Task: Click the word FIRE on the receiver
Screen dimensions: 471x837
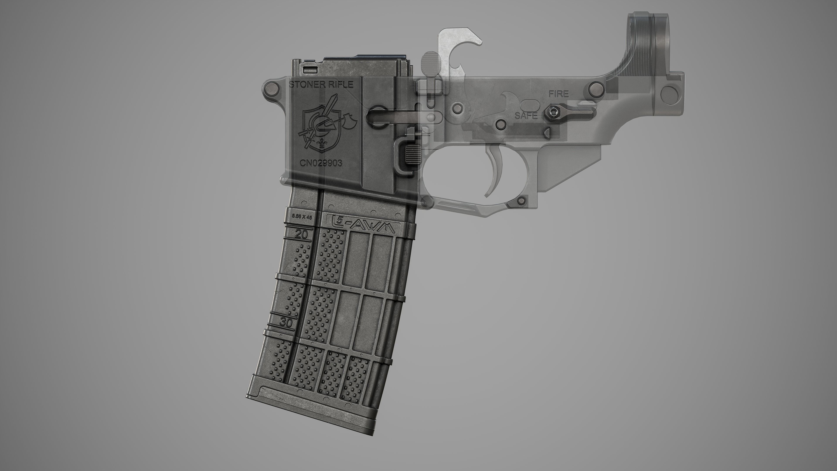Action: tap(558, 94)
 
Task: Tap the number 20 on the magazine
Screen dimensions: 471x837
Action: tap(301, 234)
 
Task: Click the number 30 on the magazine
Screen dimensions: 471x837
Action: tap(287, 323)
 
